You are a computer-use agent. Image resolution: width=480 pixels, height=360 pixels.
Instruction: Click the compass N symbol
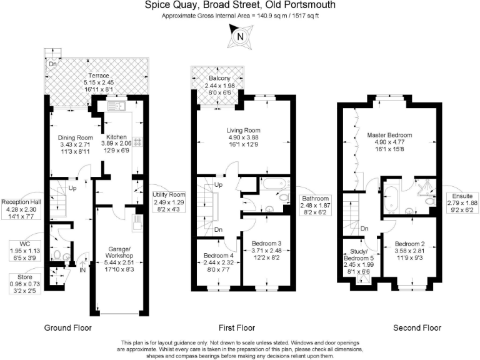click(239, 36)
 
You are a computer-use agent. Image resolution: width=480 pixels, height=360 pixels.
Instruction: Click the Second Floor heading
click(417, 327)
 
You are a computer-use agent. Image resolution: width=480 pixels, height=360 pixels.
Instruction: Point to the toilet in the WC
click(59, 255)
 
